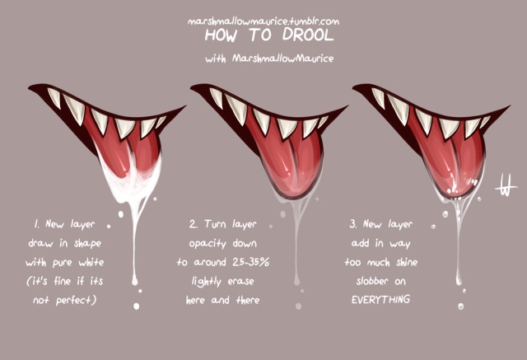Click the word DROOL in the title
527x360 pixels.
click(308, 35)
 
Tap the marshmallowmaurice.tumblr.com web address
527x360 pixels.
click(263, 21)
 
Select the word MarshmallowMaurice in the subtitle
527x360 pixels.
click(283, 58)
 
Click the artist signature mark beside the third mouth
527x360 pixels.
click(505, 185)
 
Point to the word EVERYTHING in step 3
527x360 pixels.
click(380, 299)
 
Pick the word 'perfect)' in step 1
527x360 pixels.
click(76, 300)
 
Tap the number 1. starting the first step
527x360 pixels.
click(36, 224)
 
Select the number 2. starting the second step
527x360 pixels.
click(194, 224)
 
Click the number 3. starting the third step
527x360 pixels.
click(353, 224)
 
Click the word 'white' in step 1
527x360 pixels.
click(91, 262)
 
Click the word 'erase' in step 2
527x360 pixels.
click(240, 281)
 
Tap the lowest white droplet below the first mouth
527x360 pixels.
click(136, 306)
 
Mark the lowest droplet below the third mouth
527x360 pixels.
click(460, 306)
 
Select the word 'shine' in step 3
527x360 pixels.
click(406, 262)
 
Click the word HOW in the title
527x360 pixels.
click(221, 35)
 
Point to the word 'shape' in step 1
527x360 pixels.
click(87, 243)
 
